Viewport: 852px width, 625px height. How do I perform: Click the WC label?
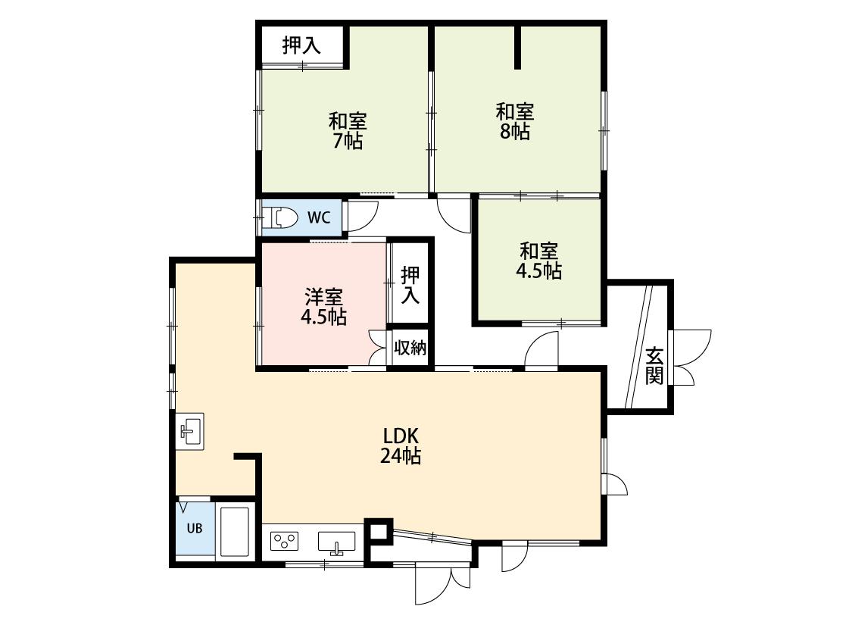coord(318,218)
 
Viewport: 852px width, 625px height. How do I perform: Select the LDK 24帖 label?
coord(401,445)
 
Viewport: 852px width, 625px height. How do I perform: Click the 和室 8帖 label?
coord(514,122)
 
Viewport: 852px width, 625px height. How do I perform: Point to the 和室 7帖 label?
coord(348,130)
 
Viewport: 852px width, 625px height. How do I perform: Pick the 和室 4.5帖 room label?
coord(538,261)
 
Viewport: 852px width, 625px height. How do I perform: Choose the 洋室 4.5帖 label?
coord(324,307)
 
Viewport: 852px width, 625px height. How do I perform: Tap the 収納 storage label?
coord(410,347)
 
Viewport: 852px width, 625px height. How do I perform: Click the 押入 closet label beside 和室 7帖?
coord(301,45)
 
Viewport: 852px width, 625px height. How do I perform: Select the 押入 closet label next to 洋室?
coord(410,286)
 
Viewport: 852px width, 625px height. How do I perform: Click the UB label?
coord(195,528)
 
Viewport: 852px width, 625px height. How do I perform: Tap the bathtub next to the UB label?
coord(235,532)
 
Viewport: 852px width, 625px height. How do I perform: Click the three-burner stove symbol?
coord(285,542)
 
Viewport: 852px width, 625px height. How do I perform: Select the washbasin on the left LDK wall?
coord(189,430)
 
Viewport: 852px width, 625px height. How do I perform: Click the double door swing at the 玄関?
coord(691,357)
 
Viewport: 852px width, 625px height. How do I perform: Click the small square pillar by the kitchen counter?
coord(378,532)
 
